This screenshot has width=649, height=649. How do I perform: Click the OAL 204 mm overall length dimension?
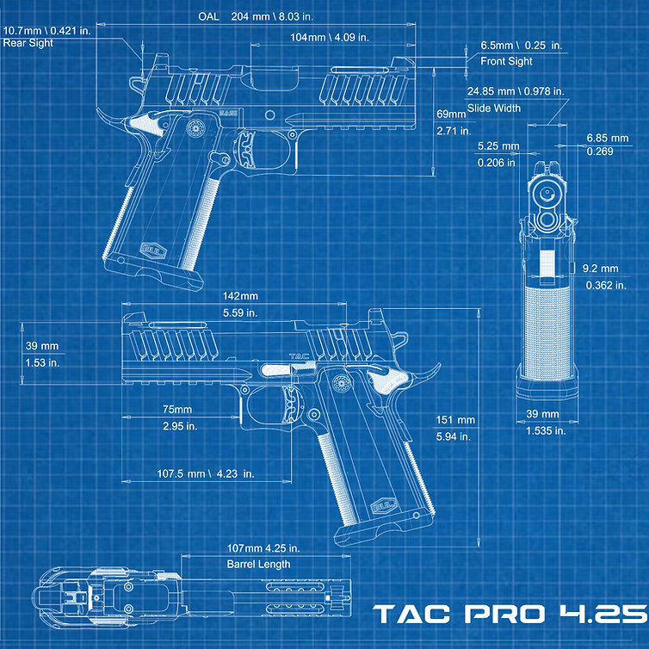pyautogui.click(x=256, y=16)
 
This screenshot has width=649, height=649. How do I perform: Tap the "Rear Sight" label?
pyautogui.click(x=28, y=43)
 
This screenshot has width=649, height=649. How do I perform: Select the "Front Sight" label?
pyautogui.click(x=506, y=61)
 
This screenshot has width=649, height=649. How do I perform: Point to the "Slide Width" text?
pyautogui.click(x=494, y=108)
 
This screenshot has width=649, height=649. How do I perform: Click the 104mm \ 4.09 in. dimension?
pyautogui.click(x=330, y=37)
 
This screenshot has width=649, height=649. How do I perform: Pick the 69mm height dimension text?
pyautogui.click(x=451, y=114)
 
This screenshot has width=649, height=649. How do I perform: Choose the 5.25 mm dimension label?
pyautogui.click(x=498, y=145)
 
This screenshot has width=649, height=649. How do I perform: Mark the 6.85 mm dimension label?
pyautogui.click(x=607, y=138)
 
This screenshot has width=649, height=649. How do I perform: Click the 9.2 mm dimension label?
pyautogui.click(x=600, y=269)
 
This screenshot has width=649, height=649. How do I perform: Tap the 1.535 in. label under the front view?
pyautogui.click(x=546, y=431)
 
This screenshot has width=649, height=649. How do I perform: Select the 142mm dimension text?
pyautogui.click(x=240, y=296)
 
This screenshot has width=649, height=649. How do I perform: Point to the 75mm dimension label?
pyautogui.click(x=177, y=410)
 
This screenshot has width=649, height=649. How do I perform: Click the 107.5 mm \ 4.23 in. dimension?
pyautogui.click(x=206, y=473)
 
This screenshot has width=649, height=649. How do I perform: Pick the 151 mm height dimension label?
pyautogui.click(x=454, y=420)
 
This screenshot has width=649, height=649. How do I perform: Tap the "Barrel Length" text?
pyautogui.click(x=258, y=564)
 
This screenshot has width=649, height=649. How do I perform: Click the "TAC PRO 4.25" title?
pyautogui.click(x=510, y=614)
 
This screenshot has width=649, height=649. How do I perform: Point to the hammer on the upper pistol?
pyautogui.click(x=108, y=117)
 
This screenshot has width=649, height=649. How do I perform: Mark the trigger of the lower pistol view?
pyautogui.click(x=292, y=405)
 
